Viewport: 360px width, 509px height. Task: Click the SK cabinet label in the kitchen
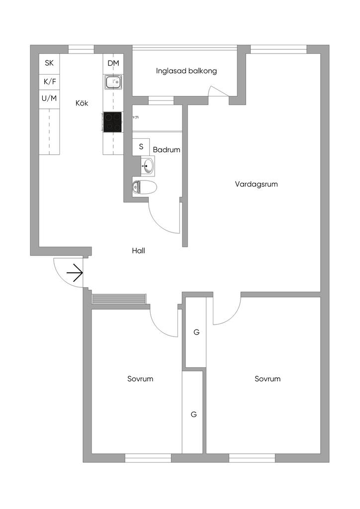pyautogui.click(x=49, y=63)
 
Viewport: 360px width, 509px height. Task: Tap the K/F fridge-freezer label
pyautogui.click(x=49, y=81)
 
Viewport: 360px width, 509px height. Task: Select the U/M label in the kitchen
pyautogui.click(x=49, y=98)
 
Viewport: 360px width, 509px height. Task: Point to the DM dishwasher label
pyautogui.click(x=113, y=63)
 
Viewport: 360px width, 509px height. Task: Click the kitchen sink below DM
pyautogui.click(x=113, y=82)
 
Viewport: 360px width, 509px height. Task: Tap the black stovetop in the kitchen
pyautogui.click(x=112, y=122)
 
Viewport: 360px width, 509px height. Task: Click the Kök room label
pyautogui.click(x=82, y=103)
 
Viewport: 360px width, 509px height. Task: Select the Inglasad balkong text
pyautogui.click(x=186, y=71)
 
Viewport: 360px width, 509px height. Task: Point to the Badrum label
pyautogui.click(x=167, y=149)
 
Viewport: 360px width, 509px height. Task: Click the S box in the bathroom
pyautogui.click(x=141, y=147)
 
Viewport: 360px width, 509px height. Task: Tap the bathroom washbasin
pyautogui.click(x=148, y=167)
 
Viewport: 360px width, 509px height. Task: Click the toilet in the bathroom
pyautogui.click(x=145, y=187)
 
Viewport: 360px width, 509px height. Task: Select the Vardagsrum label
pyautogui.click(x=256, y=184)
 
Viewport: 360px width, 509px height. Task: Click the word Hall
pyautogui.click(x=138, y=251)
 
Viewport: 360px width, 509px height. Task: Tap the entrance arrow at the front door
pyautogui.click(x=74, y=273)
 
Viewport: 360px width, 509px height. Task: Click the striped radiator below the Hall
pyautogui.click(x=119, y=298)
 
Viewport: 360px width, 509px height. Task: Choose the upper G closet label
pyautogui.click(x=196, y=332)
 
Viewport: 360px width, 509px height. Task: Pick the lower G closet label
pyautogui.click(x=193, y=414)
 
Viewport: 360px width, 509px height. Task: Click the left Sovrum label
pyautogui.click(x=140, y=379)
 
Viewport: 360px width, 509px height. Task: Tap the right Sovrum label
pyautogui.click(x=268, y=379)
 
